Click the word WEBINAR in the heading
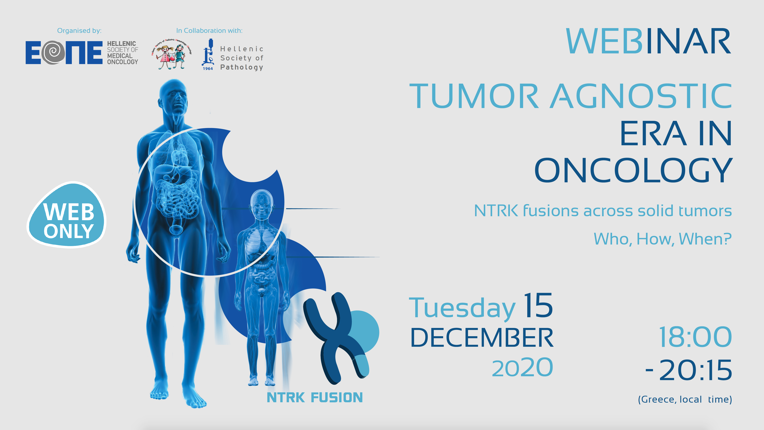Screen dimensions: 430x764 click(x=648, y=41)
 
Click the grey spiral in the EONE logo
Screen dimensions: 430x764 click(x=53, y=53)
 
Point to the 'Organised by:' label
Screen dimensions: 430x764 click(x=79, y=31)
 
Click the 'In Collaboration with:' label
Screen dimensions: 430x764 click(x=209, y=31)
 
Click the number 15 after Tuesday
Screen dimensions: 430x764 click(x=538, y=305)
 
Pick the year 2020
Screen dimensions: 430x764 click(x=522, y=368)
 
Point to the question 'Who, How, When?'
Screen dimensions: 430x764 click(x=662, y=239)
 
